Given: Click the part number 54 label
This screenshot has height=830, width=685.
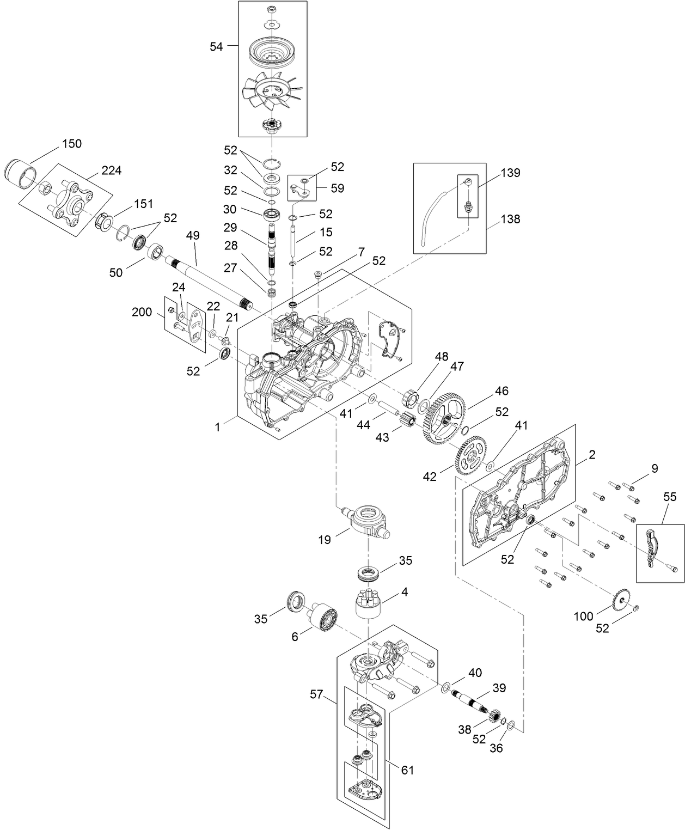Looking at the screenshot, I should pos(216,47).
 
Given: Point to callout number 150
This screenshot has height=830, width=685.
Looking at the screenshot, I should pos(71,144).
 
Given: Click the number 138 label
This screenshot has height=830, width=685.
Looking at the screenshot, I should pos(510,219).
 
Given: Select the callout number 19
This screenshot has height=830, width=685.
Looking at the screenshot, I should pos(324,540).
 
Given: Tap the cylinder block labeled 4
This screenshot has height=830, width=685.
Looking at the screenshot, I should pos(371,603).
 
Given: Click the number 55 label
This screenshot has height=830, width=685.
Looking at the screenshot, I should pos(670,496).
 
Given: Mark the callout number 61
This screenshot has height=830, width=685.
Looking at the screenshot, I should pos(407,770).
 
